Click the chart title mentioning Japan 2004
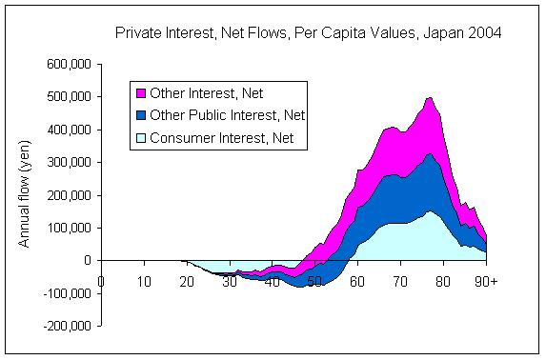tap(309, 32)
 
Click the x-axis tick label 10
tap(144, 281)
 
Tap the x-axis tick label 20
tap(187, 281)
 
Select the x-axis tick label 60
tap(356, 281)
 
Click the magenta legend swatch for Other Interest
tap(140, 93)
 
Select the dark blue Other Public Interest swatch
tap(140, 116)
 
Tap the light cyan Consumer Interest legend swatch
tap(140, 139)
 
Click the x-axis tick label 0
tap(101, 281)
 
